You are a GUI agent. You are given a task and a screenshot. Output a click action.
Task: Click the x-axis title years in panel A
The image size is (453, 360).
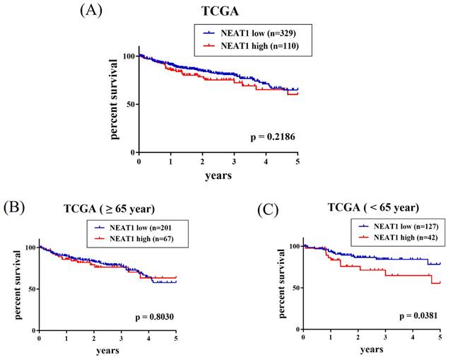tap(219, 173)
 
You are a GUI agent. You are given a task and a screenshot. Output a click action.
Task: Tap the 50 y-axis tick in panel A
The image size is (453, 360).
tap(130, 104)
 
